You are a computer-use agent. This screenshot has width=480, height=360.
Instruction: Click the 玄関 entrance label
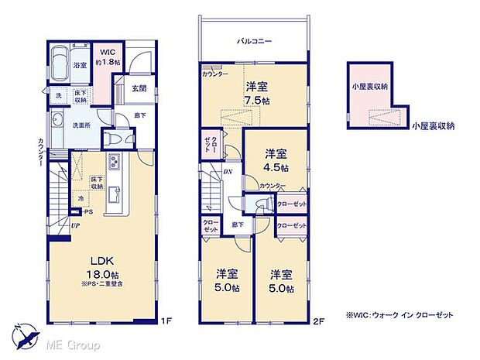[139, 87]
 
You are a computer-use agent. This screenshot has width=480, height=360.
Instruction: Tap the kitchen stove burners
[114, 163]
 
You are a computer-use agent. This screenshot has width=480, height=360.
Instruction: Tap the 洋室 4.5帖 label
[276, 159]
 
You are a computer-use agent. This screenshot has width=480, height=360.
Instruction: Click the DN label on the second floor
[228, 172]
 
